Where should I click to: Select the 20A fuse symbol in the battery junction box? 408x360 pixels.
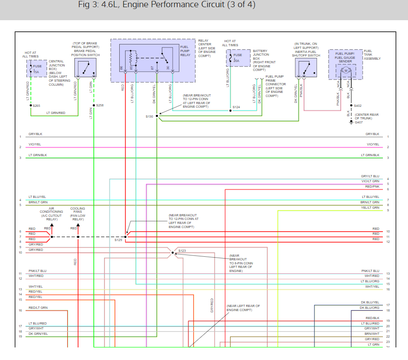(x=231, y=58)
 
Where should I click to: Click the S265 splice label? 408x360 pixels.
(x=36, y=105)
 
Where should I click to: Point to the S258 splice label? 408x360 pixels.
(x=100, y=105)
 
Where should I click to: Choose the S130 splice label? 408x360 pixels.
(x=149, y=116)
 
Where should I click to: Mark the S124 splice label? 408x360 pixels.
(x=236, y=107)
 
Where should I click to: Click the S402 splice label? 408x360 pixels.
(x=357, y=106)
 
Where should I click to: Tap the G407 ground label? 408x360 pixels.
(x=358, y=122)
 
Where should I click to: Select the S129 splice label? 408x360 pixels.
(x=118, y=240)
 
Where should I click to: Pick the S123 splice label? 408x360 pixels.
(x=182, y=250)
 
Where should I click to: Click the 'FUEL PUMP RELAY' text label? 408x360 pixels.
(x=185, y=50)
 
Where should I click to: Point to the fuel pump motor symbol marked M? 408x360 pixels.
(x=346, y=70)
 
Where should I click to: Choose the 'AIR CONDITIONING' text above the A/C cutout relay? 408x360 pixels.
(x=52, y=210)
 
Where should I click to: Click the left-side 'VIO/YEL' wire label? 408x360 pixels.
(x=35, y=144)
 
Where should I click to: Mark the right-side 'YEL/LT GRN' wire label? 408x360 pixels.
(x=370, y=208)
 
